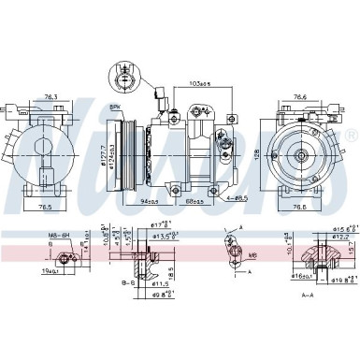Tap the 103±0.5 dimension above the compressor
(x=198, y=84)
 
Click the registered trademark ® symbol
(x=351, y=137)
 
